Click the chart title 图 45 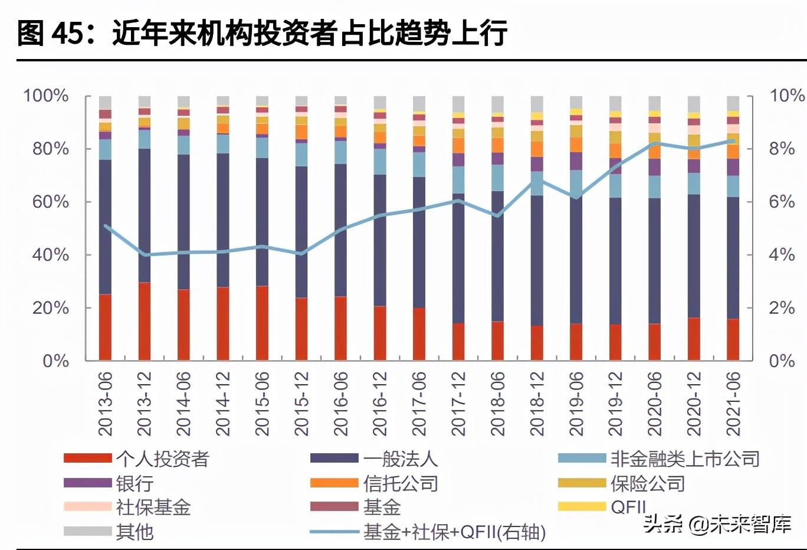click(x=262, y=32)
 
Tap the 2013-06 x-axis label click(x=106, y=404)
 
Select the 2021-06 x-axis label click(x=733, y=404)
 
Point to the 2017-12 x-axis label click(x=458, y=404)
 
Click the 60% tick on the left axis click(x=50, y=202)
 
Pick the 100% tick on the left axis click(x=45, y=96)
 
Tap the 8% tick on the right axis click(x=782, y=149)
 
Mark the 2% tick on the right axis click(x=782, y=308)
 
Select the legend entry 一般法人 click(x=400, y=459)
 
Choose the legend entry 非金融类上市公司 click(x=684, y=459)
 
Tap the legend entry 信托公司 click(x=400, y=484)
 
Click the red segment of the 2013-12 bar click(x=145, y=322)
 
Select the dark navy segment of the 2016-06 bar click(x=340, y=230)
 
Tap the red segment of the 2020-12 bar click(x=694, y=339)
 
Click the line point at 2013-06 click(x=106, y=225)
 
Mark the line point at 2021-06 click(x=733, y=140)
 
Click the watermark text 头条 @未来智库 click(x=717, y=524)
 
